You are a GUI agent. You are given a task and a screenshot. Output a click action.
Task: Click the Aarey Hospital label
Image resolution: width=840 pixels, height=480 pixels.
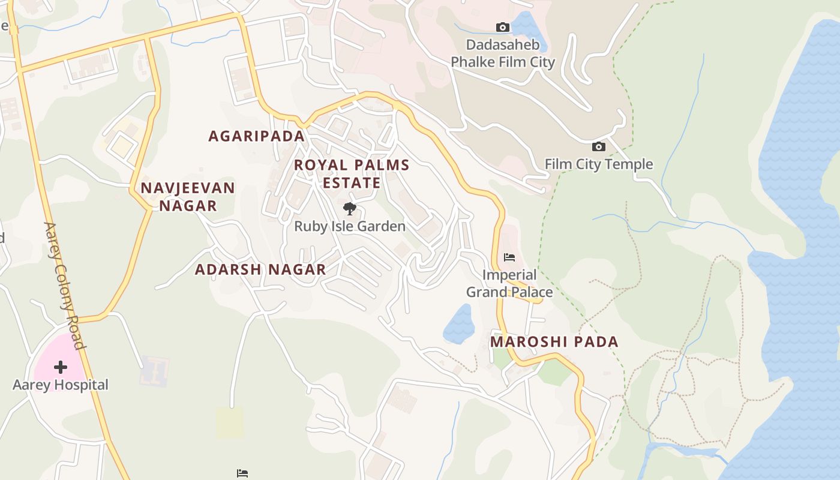(61, 385)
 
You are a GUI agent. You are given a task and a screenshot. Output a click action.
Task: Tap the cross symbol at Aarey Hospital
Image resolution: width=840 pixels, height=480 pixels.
(61, 367)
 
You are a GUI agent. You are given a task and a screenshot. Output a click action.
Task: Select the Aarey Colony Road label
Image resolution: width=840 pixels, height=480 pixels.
(64, 286)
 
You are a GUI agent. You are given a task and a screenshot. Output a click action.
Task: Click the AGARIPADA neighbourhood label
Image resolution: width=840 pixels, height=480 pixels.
(257, 136)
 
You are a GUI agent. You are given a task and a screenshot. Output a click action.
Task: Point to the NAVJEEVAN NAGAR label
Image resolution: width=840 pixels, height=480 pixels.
(187, 197)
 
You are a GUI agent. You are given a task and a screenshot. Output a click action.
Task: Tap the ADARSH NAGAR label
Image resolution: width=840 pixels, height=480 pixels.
(260, 269)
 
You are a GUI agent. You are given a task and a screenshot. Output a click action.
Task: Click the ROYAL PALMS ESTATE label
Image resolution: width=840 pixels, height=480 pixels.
(352, 173)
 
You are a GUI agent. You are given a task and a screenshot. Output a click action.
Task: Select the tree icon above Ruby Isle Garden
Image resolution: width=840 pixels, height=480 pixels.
(350, 209)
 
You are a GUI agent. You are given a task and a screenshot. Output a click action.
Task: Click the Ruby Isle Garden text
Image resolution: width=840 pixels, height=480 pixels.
(350, 226)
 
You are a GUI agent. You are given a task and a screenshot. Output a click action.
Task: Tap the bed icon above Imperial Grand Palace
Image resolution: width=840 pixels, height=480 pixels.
(509, 257)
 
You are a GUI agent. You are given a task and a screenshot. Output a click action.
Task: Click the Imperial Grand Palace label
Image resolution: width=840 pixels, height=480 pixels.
(509, 284)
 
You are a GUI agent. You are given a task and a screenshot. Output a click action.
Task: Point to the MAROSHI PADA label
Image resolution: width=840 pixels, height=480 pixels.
(554, 342)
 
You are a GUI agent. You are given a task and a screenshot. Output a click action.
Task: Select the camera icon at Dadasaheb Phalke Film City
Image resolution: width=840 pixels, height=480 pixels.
(503, 27)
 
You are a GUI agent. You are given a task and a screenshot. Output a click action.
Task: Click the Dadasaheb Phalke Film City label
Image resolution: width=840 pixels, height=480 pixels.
(503, 53)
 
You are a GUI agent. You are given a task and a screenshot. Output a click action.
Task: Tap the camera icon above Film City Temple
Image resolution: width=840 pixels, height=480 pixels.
(598, 146)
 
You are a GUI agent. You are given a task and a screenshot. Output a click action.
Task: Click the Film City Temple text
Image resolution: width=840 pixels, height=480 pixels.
(598, 164)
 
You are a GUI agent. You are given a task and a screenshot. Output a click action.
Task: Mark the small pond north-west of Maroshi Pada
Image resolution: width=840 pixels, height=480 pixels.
(459, 325)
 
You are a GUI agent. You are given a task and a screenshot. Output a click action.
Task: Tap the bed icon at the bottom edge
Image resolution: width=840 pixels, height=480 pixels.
(242, 473)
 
